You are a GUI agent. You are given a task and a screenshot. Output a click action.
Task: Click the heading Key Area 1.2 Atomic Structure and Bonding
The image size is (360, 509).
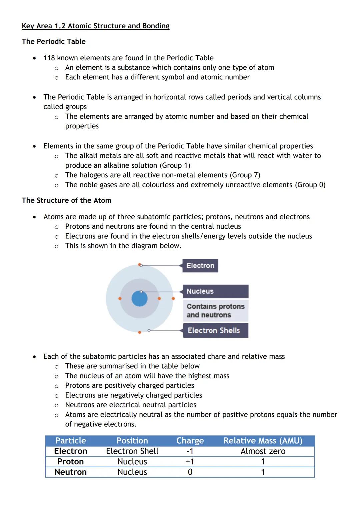pyautogui.click(x=95, y=26)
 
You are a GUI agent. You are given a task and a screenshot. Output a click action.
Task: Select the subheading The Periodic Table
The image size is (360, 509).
pyautogui.click(x=54, y=42)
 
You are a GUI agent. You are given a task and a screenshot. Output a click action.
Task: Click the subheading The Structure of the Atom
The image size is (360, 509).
pyautogui.click(x=66, y=200)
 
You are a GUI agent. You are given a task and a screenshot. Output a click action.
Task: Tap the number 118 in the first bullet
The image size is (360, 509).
pyautogui.click(x=49, y=58)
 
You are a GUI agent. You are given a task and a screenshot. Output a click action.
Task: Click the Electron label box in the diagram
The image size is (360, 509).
pyautogui.click(x=200, y=266)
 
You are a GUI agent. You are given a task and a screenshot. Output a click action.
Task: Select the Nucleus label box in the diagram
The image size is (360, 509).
pyautogui.click(x=215, y=291)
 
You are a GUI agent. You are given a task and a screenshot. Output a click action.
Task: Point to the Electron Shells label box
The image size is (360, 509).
pyautogui.click(x=215, y=330)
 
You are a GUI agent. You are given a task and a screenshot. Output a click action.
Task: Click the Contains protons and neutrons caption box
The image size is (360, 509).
pyautogui.click(x=215, y=311)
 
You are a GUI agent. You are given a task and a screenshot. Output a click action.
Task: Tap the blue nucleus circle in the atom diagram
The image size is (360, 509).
pyautogui.click(x=139, y=299)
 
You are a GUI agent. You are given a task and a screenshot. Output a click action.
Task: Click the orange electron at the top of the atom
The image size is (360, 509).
pyautogui.click(x=140, y=265)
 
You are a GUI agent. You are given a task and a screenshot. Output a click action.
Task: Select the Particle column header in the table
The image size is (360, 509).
pyautogui.click(x=71, y=441)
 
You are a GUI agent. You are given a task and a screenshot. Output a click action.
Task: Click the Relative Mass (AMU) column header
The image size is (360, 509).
pyautogui.click(x=263, y=441)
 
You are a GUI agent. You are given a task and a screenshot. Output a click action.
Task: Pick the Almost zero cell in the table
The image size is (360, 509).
pyautogui.click(x=263, y=451)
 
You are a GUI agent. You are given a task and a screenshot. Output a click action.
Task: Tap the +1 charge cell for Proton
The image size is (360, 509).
pyautogui.click(x=190, y=462)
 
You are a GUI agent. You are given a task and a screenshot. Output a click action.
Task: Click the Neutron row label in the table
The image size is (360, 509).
pyautogui.click(x=71, y=472)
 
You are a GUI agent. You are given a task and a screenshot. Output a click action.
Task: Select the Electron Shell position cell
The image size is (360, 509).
pyautogui.click(x=132, y=451)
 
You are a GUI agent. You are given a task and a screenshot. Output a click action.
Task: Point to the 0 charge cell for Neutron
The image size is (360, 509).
pyautogui.click(x=190, y=472)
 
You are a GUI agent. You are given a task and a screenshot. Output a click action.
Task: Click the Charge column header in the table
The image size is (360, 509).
pyautogui.click(x=190, y=441)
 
